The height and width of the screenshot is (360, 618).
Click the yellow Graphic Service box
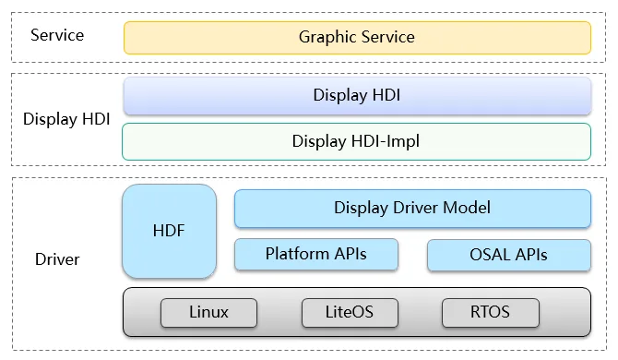pyautogui.click(x=357, y=38)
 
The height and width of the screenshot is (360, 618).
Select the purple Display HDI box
pyautogui.click(x=357, y=96)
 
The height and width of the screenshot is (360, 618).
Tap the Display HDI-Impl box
pyautogui.click(x=356, y=141)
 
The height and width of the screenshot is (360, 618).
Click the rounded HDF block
pyautogui.click(x=169, y=231)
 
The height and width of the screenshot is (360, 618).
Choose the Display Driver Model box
pyautogui.click(x=412, y=209)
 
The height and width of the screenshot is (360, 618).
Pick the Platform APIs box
pyautogui.click(x=316, y=255)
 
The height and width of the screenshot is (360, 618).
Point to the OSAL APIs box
pyautogui.click(x=509, y=255)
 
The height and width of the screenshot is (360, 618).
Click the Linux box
pyautogui.click(x=208, y=313)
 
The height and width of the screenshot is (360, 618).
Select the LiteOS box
pyautogui.click(x=350, y=313)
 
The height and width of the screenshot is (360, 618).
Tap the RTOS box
pyautogui.click(x=491, y=313)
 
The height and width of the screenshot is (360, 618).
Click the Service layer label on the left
pyautogui.click(x=57, y=35)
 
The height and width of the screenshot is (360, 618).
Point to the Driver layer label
pyautogui.click(x=57, y=259)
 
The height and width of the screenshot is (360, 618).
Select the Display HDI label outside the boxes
pyautogui.click(x=66, y=119)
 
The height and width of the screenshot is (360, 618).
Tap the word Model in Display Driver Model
pyautogui.click(x=467, y=208)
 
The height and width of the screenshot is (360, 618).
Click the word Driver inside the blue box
pyautogui.click(x=415, y=208)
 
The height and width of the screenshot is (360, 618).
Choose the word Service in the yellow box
pyautogui.click(x=388, y=37)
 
